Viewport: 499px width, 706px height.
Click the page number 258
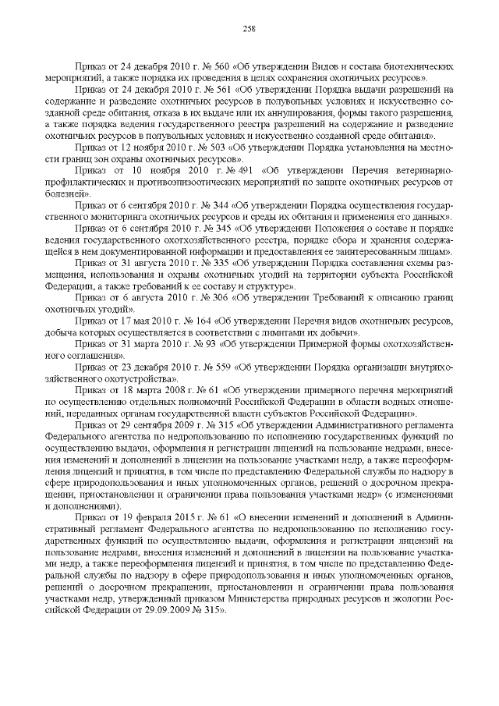point(249,30)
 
